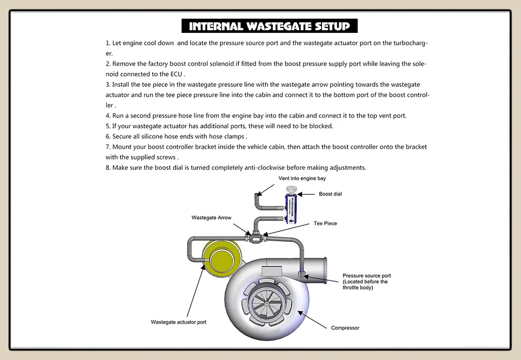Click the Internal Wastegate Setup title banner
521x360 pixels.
[269, 26]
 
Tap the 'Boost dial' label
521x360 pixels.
[330, 194]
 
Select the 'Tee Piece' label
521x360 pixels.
[325, 224]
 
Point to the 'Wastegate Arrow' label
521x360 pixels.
[212, 218]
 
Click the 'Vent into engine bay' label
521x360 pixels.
[302, 179]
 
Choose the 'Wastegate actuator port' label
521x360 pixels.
[179, 322]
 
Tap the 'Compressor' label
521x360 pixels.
[345, 328]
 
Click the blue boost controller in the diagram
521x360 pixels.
[290, 208]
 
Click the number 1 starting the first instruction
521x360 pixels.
[107, 43]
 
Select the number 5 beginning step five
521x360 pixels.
[107, 126]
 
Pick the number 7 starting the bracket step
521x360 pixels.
[107, 147]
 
